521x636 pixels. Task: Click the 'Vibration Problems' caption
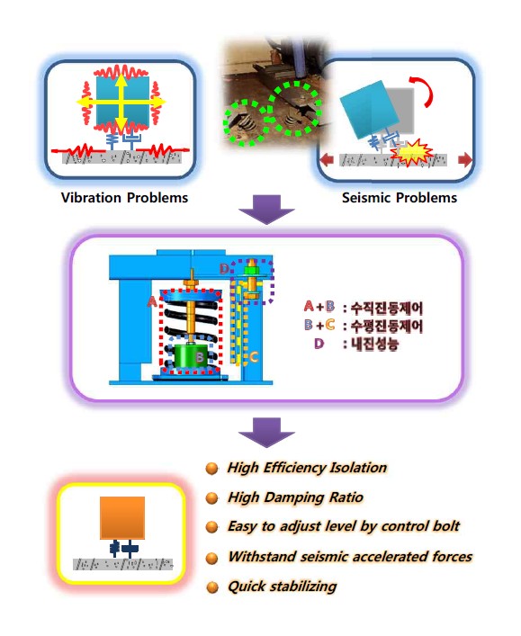[124, 198]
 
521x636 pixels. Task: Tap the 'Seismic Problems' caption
[400, 198]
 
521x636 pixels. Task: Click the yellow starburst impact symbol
[410, 153]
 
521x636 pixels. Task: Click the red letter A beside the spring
[152, 301]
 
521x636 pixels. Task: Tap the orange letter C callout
[254, 357]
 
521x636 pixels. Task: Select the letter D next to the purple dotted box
[224, 268]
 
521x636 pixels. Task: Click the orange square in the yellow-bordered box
[122, 517]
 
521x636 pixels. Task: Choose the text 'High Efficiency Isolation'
[307, 468]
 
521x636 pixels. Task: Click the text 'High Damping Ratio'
[295, 497]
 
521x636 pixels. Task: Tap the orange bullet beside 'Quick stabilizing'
[212, 587]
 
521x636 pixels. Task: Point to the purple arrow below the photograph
[266, 210]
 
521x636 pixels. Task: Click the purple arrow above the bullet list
[266, 433]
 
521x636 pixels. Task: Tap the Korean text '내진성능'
[375, 345]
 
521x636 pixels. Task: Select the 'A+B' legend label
[319, 307]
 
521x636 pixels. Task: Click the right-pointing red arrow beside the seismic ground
[465, 160]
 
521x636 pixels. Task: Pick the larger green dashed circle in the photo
[296, 108]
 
